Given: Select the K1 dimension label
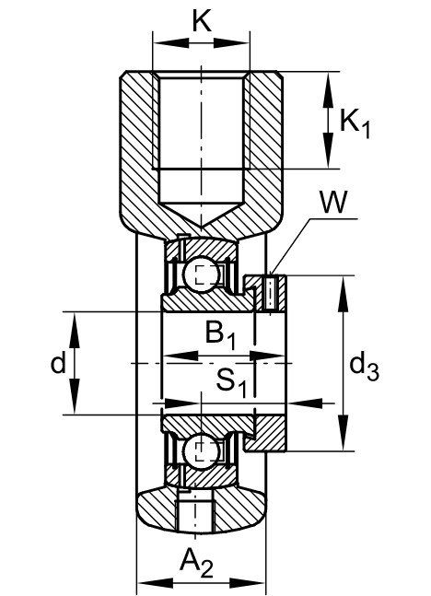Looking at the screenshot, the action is [x=355, y=123].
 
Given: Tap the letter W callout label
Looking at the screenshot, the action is [x=333, y=203].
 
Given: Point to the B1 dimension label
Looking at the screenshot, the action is [x=220, y=334].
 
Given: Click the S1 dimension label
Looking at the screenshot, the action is [x=232, y=381].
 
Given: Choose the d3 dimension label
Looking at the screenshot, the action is [x=364, y=367].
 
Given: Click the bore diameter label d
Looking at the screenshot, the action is [x=59, y=363].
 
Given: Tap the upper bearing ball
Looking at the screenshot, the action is [x=201, y=275].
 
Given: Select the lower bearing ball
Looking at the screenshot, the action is [x=201, y=450].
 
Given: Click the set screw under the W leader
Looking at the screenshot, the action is [x=270, y=294].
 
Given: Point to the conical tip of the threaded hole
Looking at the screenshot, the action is [x=201, y=227].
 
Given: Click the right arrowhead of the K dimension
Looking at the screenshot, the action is [x=231, y=43].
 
